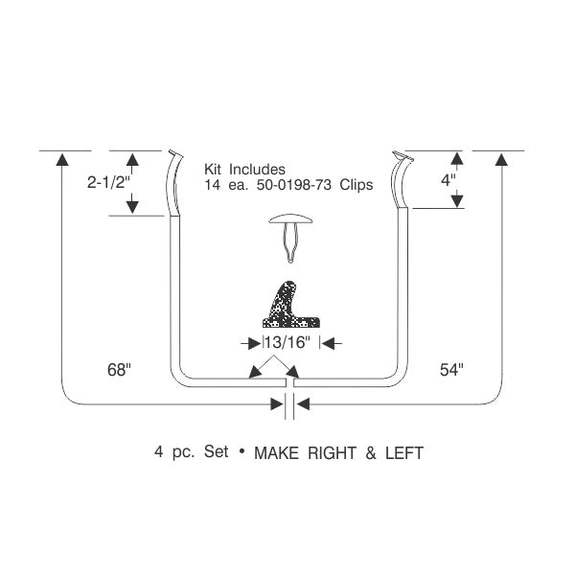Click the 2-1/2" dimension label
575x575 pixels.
[109, 182]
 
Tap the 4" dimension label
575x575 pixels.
[448, 180]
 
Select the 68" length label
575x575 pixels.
[119, 370]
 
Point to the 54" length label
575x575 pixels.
[451, 370]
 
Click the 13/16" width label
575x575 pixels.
[287, 342]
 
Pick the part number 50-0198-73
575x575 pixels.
[294, 185]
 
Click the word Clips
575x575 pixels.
[356, 185]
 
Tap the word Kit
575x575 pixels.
[213, 170]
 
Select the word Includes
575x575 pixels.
[257, 170]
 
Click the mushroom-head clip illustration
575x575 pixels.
[290, 236]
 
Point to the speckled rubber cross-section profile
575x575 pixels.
[290, 305]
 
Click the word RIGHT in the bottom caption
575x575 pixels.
[332, 453]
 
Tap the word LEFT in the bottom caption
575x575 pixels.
[404, 453]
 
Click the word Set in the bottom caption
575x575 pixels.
[217, 451]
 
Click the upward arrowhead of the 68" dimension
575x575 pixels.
[62, 159]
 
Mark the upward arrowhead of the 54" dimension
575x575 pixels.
[501, 159]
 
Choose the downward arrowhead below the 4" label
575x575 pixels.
[456, 201]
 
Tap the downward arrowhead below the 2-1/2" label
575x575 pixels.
[132, 208]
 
